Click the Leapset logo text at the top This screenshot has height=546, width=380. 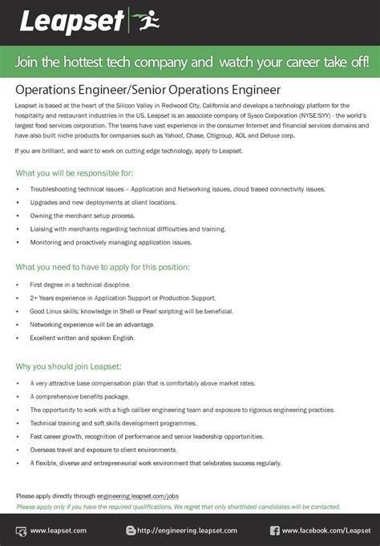point(72,22)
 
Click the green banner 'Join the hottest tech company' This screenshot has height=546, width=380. point(190,61)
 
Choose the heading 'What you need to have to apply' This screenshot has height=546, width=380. point(103,267)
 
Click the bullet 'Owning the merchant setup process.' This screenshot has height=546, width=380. point(82,216)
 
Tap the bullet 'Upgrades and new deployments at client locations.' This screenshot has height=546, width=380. point(103,202)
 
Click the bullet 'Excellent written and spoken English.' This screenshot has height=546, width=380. point(83,338)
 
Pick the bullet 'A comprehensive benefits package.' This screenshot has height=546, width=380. point(79,396)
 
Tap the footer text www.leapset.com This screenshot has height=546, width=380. point(58,530)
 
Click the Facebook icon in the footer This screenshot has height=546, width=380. point(274,530)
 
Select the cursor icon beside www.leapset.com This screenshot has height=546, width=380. point(21,530)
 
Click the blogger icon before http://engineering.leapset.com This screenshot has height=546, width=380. point(131,530)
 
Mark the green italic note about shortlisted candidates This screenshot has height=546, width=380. point(178,507)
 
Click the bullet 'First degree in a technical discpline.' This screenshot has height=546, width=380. point(80,284)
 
